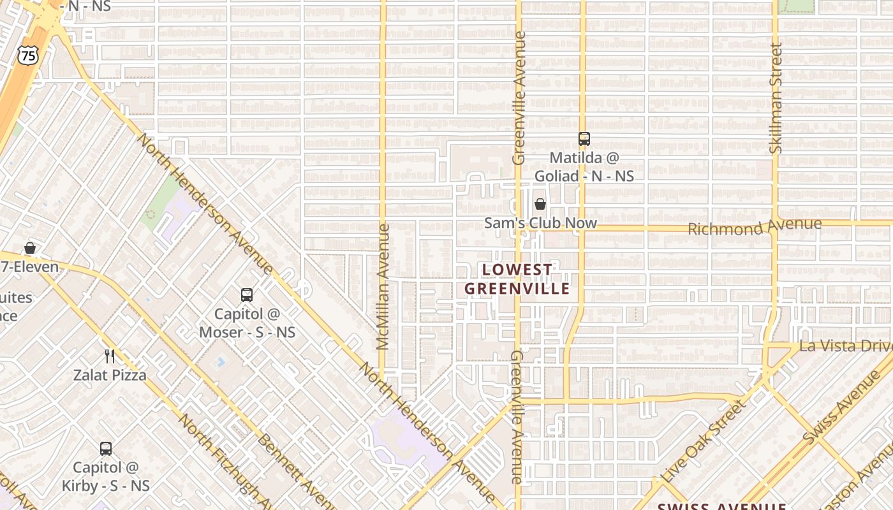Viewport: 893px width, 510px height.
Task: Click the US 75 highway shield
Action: [28, 55]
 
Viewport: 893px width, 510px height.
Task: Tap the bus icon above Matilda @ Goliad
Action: [584, 138]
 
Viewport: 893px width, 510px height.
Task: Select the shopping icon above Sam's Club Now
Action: [540, 204]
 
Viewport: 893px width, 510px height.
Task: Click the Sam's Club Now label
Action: [540, 223]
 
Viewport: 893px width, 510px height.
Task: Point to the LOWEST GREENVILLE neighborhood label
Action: [517, 279]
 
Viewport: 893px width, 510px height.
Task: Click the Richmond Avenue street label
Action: [755, 226]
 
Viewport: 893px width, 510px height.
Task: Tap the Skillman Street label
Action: [776, 98]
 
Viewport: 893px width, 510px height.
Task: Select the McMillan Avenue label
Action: [383, 287]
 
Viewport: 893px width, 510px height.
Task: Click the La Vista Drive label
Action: [845, 346]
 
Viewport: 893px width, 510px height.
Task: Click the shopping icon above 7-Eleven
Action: [29, 248]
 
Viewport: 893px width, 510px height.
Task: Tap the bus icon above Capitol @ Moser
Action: [247, 295]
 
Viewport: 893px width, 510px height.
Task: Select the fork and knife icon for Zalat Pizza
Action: [110, 356]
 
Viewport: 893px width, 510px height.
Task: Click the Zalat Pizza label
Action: [110, 375]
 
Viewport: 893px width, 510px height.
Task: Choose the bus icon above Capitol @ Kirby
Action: [106, 449]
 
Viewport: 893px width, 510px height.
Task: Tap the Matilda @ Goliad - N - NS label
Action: [584, 166]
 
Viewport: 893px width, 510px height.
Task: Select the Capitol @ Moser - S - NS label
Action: [247, 323]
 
